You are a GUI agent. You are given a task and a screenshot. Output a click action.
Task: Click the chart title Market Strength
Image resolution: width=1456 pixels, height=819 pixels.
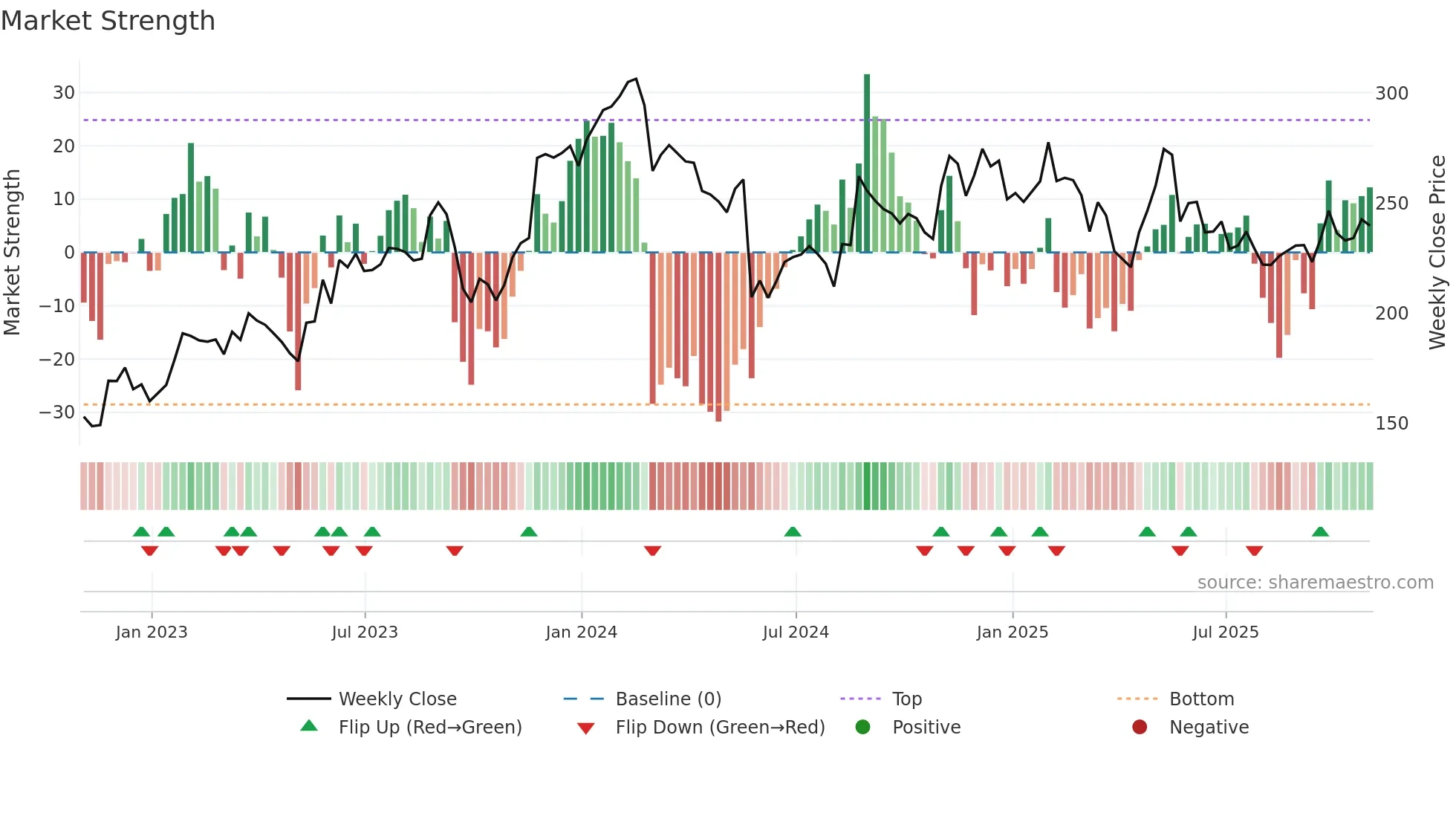point(108,21)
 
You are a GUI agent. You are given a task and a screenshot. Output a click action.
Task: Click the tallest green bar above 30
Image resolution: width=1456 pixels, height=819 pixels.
point(867,164)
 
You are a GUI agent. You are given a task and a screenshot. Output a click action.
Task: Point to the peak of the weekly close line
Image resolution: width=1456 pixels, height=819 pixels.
point(636,79)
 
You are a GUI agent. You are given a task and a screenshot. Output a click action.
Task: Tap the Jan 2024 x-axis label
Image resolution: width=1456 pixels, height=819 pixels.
point(581,632)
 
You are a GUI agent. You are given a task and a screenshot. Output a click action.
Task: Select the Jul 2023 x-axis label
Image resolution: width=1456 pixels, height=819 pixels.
point(365,632)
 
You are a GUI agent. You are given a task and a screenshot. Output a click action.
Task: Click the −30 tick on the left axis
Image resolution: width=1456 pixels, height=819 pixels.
point(57,412)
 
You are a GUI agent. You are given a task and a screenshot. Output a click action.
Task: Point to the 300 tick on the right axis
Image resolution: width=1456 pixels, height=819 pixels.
point(1391,94)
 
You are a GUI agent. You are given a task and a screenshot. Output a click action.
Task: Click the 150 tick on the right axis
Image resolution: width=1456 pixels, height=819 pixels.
point(1391,424)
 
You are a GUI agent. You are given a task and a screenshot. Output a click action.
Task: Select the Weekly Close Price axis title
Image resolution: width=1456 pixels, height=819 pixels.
point(1438,253)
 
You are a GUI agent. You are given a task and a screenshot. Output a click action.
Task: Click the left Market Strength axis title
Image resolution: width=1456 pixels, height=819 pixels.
point(13,253)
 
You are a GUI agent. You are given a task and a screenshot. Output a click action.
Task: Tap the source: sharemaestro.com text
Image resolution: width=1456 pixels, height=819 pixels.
point(1315,583)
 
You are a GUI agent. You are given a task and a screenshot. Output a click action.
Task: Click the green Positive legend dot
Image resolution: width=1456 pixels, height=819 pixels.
point(862,728)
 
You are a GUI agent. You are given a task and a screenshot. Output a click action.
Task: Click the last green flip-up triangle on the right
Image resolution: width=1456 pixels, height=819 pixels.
point(1320,532)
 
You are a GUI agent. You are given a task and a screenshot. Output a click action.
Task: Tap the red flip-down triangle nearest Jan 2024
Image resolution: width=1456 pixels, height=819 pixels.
point(652,551)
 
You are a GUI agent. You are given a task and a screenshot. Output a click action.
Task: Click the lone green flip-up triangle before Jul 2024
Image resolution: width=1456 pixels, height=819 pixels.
point(793,532)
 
